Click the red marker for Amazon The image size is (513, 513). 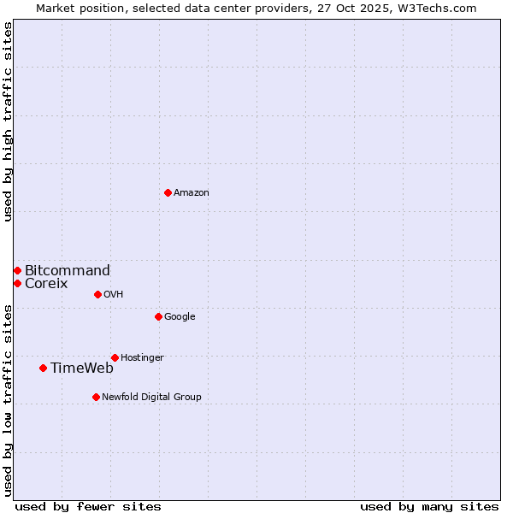[x=168, y=192]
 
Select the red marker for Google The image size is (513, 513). [x=158, y=316]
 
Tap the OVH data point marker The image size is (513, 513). [x=97, y=294]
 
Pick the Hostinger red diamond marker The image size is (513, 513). [x=115, y=357]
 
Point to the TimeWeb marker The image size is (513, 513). [x=43, y=368]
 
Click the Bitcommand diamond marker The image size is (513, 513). [x=17, y=270]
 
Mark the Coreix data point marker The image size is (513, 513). [x=17, y=283]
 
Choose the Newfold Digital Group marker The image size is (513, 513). [x=96, y=397]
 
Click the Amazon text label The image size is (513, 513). [x=192, y=192]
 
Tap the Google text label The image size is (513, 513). [x=180, y=316]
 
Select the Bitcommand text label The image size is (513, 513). [x=68, y=271]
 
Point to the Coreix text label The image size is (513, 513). [x=46, y=284]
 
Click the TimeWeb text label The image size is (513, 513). [x=82, y=369]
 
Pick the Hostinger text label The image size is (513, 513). [x=142, y=357]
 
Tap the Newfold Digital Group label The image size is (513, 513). [x=151, y=397]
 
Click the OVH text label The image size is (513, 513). [x=114, y=294]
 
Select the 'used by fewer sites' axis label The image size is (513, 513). [x=88, y=506]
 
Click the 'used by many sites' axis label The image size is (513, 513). [x=429, y=506]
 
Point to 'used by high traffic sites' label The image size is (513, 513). [x=8, y=121]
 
